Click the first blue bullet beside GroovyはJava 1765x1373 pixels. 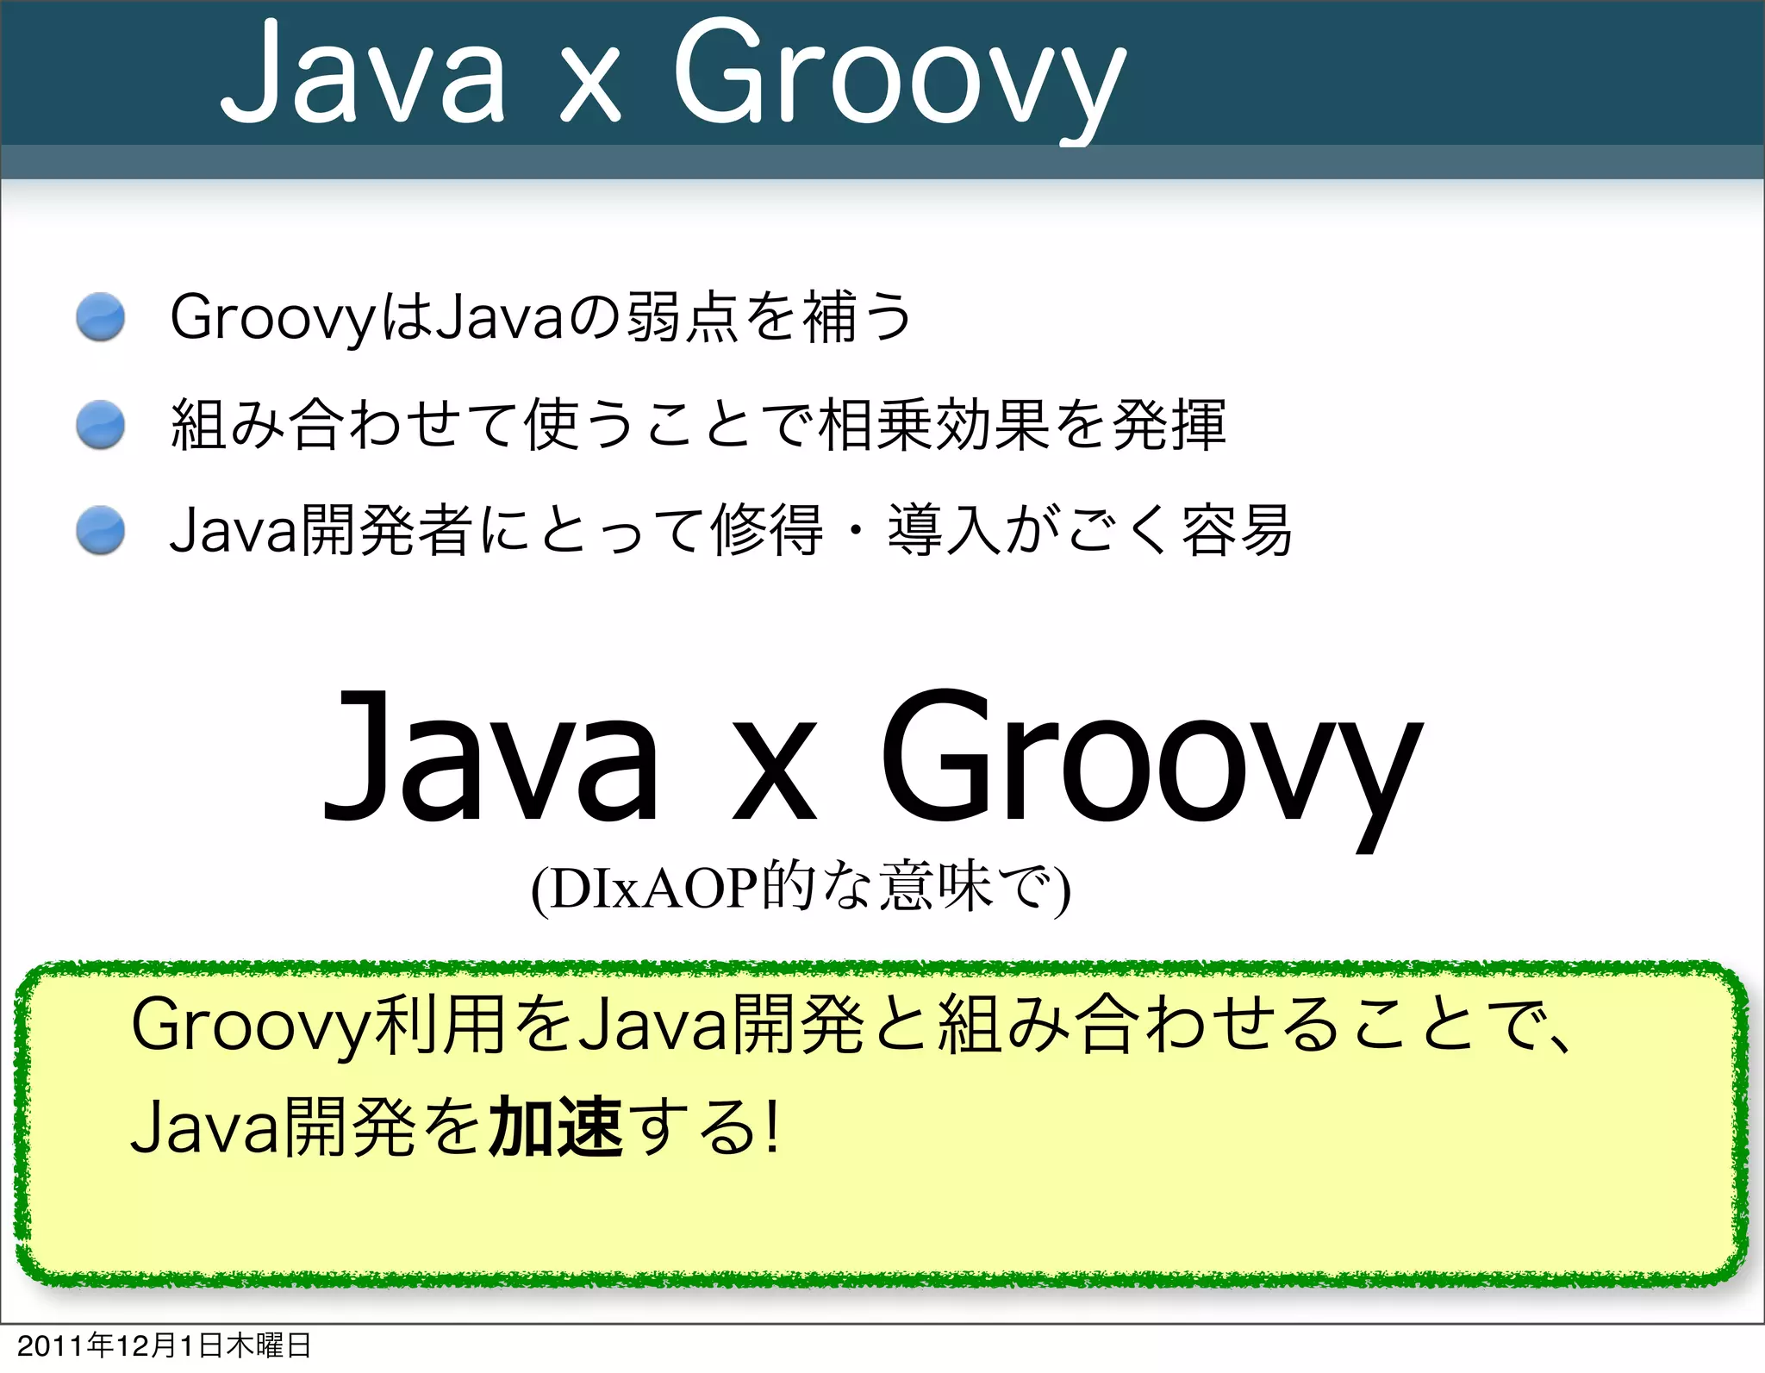[101, 316]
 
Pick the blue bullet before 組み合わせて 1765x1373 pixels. [101, 424]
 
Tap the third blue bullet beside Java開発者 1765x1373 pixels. [101, 529]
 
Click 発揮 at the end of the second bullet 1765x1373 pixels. [1169, 424]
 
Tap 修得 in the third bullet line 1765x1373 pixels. [766, 530]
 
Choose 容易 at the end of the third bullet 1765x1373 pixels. [1237, 530]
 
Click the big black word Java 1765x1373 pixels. [491, 758]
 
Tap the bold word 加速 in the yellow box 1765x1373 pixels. [555, 1126]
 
